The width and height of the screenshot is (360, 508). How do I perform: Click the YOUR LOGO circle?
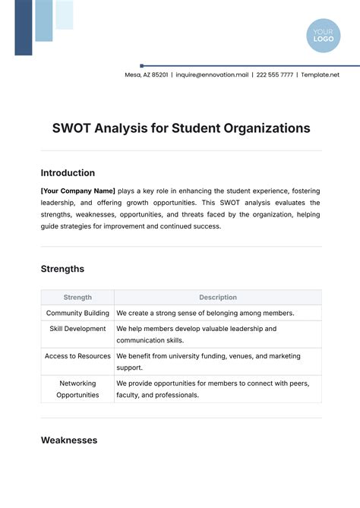click(x=324, y=36)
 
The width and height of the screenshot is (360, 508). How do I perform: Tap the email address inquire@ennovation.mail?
click(x=213, y=74)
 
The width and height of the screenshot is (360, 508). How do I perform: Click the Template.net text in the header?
click(x=320, y=74)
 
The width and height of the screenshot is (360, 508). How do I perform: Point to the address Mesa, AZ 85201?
click(x=147, y=74)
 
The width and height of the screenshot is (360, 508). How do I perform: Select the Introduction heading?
click(x=68, y=173)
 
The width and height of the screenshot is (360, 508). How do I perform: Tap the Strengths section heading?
click(x=62, y=269)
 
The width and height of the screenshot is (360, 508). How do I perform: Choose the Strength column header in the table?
click(x=77, y=298)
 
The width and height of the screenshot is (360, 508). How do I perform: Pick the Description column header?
click(x=218, y=298)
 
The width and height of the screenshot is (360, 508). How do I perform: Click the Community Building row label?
click(x=77, y=313)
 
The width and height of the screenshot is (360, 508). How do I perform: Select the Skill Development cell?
click(x=77, y=329)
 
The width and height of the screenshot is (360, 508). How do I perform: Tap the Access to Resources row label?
click(x=77, y=356)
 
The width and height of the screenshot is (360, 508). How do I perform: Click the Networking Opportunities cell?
click(x=77, y=389)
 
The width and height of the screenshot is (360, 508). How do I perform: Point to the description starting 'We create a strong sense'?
click(x=205, y=313)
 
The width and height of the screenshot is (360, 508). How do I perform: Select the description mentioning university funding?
click(x=208, y=361)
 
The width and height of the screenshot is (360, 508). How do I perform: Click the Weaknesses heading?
click(x=68, y=440)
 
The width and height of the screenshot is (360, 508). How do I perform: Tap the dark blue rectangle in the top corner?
click(x=24, y=27)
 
